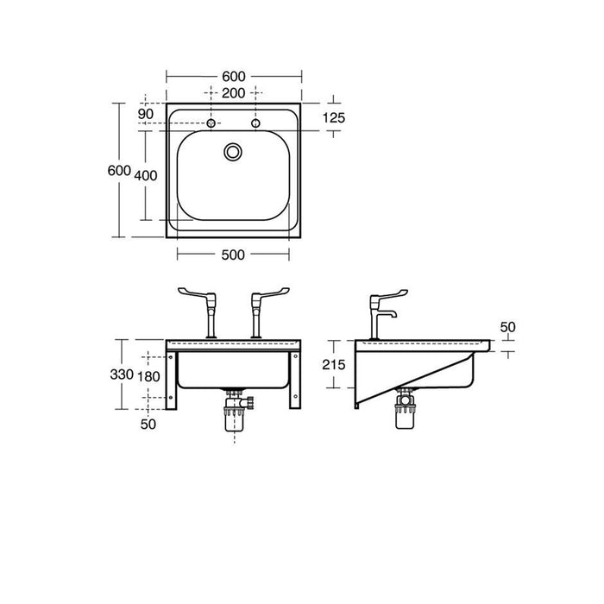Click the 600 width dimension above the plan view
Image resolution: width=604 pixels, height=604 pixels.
point(233,75)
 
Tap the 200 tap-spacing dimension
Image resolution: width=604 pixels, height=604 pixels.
point(233,92)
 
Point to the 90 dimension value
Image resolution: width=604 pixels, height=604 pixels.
point(145,114)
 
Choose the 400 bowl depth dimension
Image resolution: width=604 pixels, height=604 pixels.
point(146,175)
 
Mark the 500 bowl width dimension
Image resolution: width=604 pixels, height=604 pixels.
point(233,254)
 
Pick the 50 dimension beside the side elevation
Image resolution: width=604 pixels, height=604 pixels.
point(506,328)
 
